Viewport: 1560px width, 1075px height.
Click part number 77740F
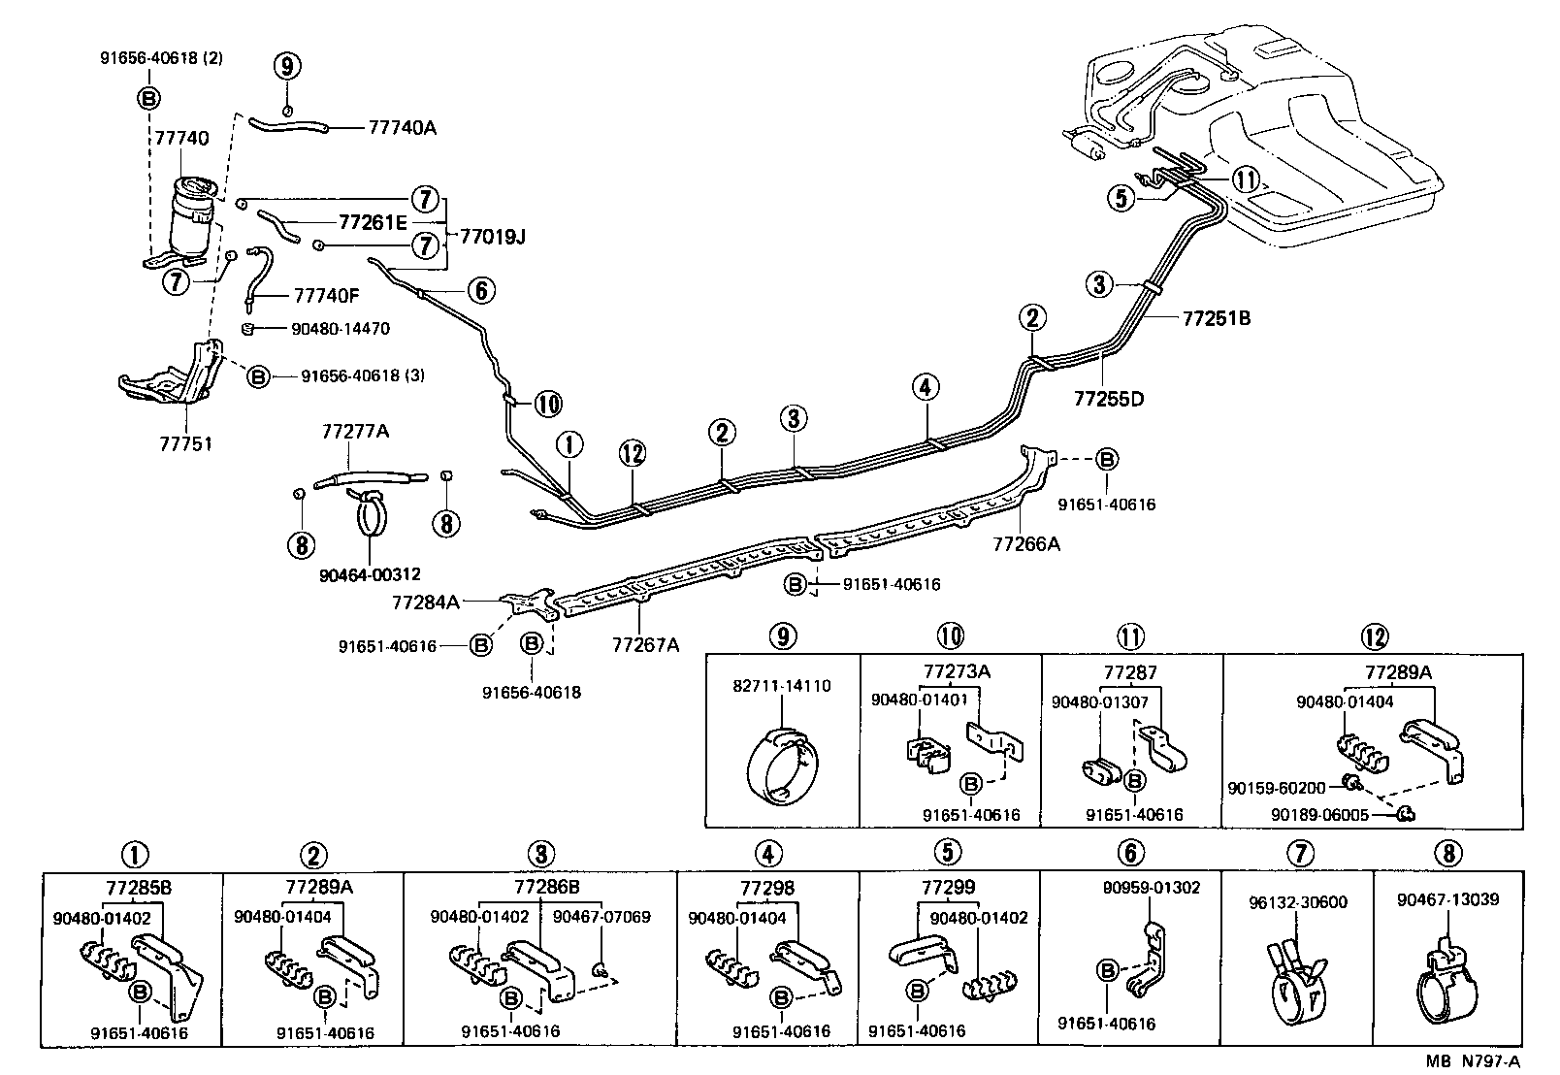327,296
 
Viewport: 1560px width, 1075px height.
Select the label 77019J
492,236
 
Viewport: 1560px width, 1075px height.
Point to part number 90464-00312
370,574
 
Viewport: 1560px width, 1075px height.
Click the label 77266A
1025,544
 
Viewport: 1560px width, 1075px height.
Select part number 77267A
646,643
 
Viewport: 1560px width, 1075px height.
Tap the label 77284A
425,602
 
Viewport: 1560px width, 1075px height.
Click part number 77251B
1216,317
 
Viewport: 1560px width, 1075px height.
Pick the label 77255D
1109,398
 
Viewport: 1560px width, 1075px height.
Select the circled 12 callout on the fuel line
632,452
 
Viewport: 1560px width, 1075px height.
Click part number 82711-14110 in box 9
781,686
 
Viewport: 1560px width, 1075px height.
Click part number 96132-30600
1298,901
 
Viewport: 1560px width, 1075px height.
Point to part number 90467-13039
1447,899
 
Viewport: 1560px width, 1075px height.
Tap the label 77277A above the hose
354,430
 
